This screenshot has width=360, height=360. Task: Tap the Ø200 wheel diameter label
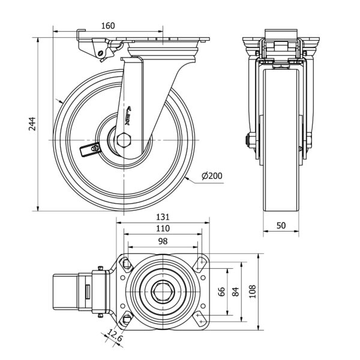(x=212, y=175)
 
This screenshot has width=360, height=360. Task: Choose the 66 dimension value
(x=221, y=292)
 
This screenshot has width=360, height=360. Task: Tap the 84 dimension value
(x=236, y=292)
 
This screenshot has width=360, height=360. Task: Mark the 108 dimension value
(x=252, y=292)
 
